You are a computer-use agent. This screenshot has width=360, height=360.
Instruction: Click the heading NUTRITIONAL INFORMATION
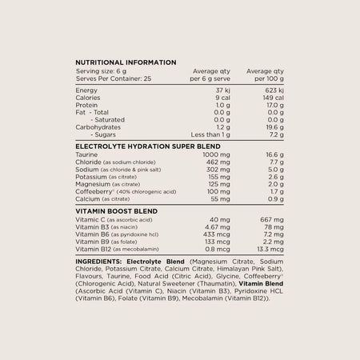coord(126,62)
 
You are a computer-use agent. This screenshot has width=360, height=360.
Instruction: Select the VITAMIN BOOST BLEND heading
coord(115,210)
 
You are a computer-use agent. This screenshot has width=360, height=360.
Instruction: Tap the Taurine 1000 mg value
coord(216,154)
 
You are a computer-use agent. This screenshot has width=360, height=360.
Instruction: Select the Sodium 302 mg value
coord(218,169)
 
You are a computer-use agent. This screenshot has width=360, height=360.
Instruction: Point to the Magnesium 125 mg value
coord(218,183)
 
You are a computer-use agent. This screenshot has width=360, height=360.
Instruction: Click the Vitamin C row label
coord(90,218)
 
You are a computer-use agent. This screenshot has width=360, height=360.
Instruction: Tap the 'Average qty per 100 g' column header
coord(265,74)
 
